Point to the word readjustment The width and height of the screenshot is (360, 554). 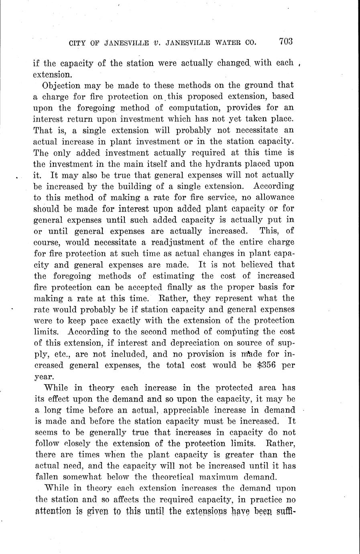click(184, 242)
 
